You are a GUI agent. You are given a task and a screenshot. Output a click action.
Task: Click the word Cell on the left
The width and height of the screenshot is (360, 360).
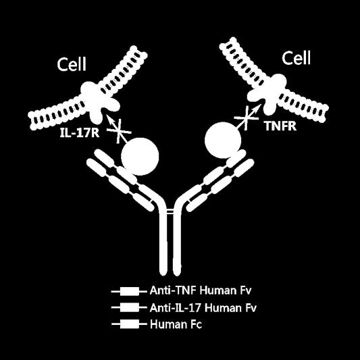[72, 64]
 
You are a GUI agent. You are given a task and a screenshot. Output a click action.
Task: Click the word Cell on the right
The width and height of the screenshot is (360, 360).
[297, 57]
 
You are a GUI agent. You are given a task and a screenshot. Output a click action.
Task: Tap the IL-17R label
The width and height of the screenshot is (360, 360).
[80, 133]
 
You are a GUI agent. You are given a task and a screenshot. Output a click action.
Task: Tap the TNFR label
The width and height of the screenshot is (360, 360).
[280, 126]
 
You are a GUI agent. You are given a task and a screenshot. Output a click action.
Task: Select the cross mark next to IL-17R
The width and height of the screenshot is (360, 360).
[120, 132]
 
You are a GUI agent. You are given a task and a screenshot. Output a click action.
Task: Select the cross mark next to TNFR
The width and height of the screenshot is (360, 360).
[246, 118]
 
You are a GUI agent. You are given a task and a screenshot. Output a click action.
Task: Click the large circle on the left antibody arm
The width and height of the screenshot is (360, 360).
[140, 157]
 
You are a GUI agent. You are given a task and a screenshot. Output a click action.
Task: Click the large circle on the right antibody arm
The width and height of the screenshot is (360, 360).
[223, 140]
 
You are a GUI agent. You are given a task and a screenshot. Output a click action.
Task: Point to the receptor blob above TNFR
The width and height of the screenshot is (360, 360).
[269, 94]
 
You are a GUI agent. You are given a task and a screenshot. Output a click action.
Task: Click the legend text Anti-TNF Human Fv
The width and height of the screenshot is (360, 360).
[201, 290]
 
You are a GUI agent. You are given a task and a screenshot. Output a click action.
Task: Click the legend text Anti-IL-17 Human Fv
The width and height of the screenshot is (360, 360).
[203, 307]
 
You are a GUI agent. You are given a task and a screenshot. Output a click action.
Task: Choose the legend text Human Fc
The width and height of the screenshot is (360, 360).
[176, 324]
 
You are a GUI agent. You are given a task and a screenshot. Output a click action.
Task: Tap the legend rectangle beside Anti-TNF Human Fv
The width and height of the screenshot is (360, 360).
[130, 291]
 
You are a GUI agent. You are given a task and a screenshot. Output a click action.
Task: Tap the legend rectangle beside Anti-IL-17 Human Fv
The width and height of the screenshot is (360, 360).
[130, 307]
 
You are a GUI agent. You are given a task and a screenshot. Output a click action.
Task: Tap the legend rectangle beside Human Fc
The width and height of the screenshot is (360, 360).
[130, 324]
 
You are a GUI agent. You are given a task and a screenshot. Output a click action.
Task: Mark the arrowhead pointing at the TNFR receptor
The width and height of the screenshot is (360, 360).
[257, 107]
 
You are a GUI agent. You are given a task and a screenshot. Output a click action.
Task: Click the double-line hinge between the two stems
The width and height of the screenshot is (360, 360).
[170, 211]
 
